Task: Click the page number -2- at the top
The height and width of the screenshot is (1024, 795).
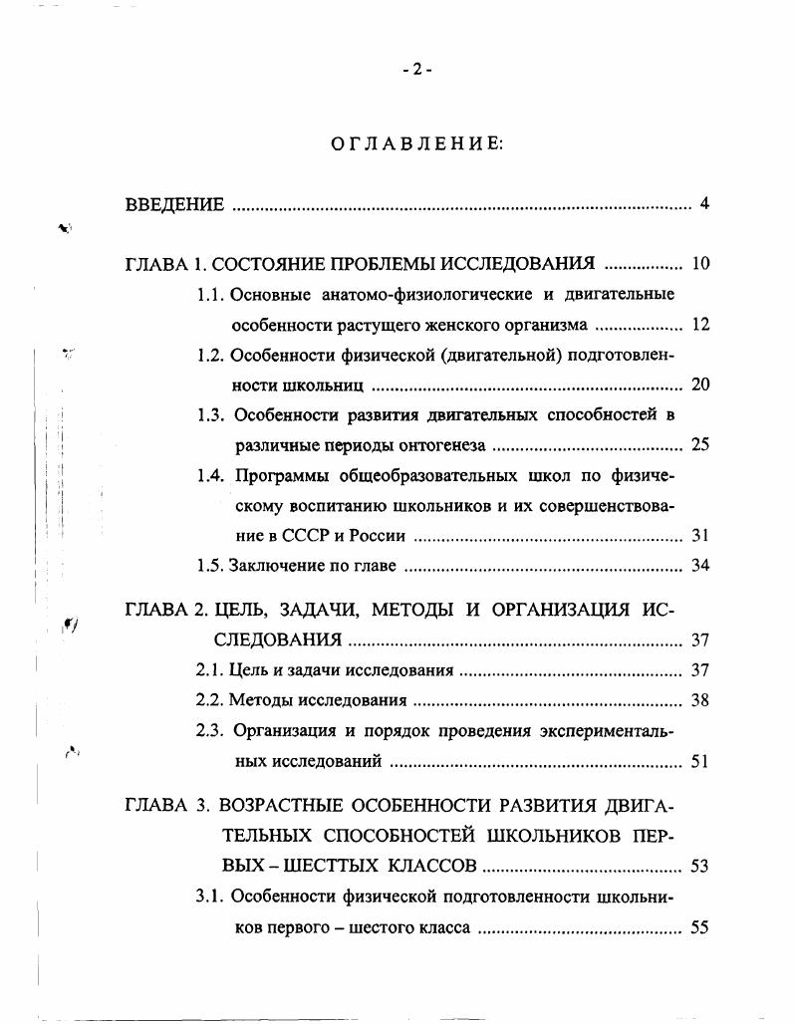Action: point(416,69)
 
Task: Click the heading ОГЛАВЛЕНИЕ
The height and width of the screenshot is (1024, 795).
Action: point(416,144)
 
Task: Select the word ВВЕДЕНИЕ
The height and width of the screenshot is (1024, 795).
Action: point(174,205)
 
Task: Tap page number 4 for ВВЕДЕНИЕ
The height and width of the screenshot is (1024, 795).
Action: point(703,205)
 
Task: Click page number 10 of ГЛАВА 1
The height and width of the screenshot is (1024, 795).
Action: point(699,264)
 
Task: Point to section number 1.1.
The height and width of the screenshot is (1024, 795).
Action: point(210,294)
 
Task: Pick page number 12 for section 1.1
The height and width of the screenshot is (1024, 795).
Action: point(699,325)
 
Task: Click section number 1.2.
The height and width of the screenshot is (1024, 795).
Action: point(210,355)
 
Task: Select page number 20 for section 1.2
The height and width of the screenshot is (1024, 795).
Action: point(699,385)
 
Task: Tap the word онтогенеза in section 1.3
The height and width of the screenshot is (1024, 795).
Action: point(443,445)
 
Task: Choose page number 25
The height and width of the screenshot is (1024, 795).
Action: point(699,445)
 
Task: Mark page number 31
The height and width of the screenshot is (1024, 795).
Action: point(699,536)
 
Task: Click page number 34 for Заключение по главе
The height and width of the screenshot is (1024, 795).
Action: point(699,567)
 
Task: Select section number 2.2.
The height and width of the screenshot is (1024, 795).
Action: point(210,700)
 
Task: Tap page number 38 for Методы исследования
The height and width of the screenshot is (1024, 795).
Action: point(699,700)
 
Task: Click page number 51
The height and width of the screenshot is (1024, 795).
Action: point(699,762)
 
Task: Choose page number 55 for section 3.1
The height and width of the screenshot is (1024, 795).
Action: point(699,927)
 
